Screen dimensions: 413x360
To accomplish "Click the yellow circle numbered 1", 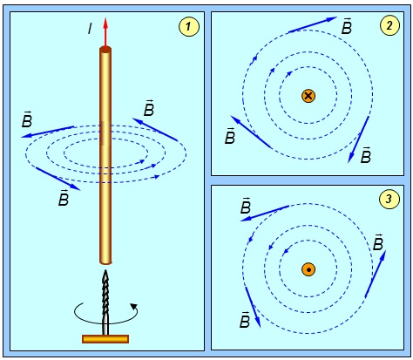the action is pos(189,27).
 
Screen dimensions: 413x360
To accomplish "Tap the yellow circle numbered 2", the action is pos(389,25).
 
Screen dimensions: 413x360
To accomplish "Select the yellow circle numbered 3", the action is pos(389,199).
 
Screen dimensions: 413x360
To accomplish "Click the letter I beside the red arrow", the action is pos(90,29).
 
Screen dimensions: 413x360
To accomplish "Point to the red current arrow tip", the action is pos(105,18).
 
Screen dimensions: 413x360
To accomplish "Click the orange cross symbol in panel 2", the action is pos(308,96).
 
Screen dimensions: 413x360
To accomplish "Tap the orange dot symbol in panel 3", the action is pos(308,269).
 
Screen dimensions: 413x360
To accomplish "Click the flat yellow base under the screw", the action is pos(105,339).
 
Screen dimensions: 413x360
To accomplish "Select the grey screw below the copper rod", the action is pos(105,302).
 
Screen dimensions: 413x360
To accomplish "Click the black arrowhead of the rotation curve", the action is pos(133,306).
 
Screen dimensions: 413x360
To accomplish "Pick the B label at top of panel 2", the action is pos(347,26).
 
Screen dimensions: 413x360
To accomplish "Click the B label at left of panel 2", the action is pos(230,136).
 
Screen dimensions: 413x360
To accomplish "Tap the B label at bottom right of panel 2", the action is pos(366,155).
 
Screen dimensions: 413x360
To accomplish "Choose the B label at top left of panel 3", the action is pos(246,206).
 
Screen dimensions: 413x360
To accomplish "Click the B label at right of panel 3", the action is pos(378,242).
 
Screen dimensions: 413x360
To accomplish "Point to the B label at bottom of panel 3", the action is pos(245,320).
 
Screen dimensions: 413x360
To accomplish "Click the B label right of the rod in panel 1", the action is pos(149,108).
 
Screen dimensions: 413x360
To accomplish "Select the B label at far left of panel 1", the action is pos(27,119).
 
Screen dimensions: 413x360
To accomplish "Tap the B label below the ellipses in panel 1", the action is pos(64,198).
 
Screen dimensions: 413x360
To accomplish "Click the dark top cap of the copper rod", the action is pos(105,50).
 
